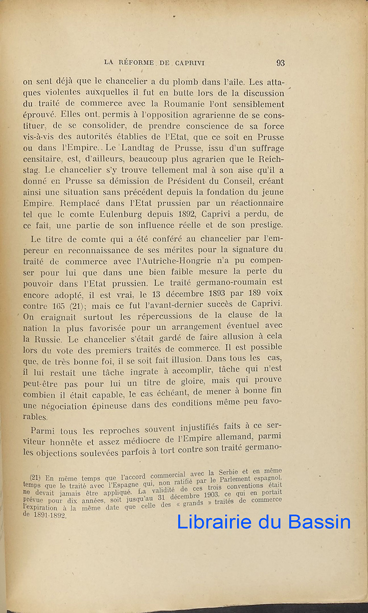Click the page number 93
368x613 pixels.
(x=280, y=63)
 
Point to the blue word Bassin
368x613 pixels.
(x=320, y=522)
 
